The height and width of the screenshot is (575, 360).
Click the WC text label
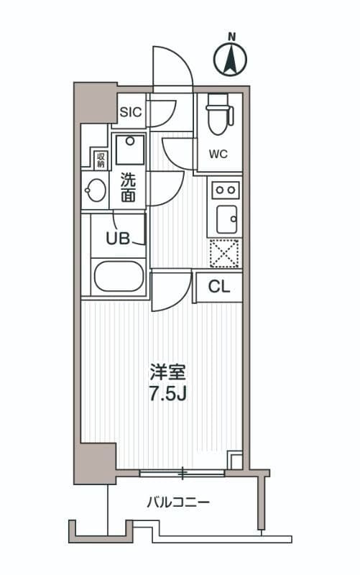pyautogui.click(x=218, y=153)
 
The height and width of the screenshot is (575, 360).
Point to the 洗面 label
pyautogui.click(x=128, y=187)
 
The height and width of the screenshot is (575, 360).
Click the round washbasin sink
pyautogui.click(x=95, y=191)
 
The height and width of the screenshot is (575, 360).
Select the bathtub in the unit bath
pyautogui.click(x=119, y=277)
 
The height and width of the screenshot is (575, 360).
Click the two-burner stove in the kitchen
pyautogui.click(x=226, y=189)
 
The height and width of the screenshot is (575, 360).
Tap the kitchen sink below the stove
pyautogui.click(x=226, y=218)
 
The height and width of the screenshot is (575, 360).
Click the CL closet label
pyautogui.click(x=218, y=287)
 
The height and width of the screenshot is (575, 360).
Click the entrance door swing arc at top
pyautogui.click(x=172, y=68)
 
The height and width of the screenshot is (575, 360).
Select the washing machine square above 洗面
pyautogui.click(x=129, y=149)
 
